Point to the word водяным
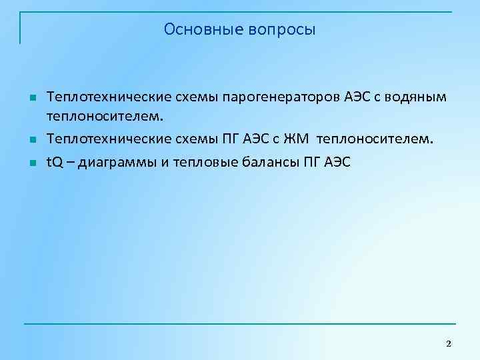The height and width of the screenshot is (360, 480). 412,98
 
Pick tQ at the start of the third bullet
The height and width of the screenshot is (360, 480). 54,163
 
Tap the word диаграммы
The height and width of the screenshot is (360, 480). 118,163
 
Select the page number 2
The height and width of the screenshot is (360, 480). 448,343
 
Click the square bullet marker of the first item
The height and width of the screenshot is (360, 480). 32,99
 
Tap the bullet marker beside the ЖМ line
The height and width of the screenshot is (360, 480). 32,141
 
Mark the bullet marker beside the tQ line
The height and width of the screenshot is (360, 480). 32,163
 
